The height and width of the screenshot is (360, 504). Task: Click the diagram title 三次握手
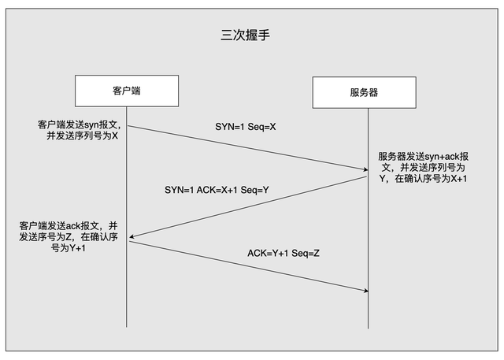coord(245,35)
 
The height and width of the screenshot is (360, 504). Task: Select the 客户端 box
coord(127,91)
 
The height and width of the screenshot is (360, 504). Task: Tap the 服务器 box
coord(364,93)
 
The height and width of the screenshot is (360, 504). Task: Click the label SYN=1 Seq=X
coord(246,127)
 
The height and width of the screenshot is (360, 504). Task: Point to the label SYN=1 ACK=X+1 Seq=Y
coord(217,190)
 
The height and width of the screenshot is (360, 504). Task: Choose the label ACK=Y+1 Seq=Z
coord(283,254)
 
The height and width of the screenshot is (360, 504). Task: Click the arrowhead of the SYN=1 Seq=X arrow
coord(365,169)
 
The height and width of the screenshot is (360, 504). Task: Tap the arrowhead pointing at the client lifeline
coord(132,237)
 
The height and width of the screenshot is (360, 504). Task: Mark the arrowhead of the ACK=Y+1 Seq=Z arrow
coord(365,291)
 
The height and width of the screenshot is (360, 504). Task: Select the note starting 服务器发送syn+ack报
coord(423,168)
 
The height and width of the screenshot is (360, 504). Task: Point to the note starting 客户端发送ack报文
coord(69,237)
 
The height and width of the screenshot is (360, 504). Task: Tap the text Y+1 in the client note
coord(77,248)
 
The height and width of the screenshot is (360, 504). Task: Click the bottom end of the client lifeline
coord(127,327)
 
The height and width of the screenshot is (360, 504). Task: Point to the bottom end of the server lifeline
coord(368,328)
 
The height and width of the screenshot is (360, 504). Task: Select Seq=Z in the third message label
coord(306,254)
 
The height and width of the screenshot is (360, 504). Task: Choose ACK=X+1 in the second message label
coord(217,190)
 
